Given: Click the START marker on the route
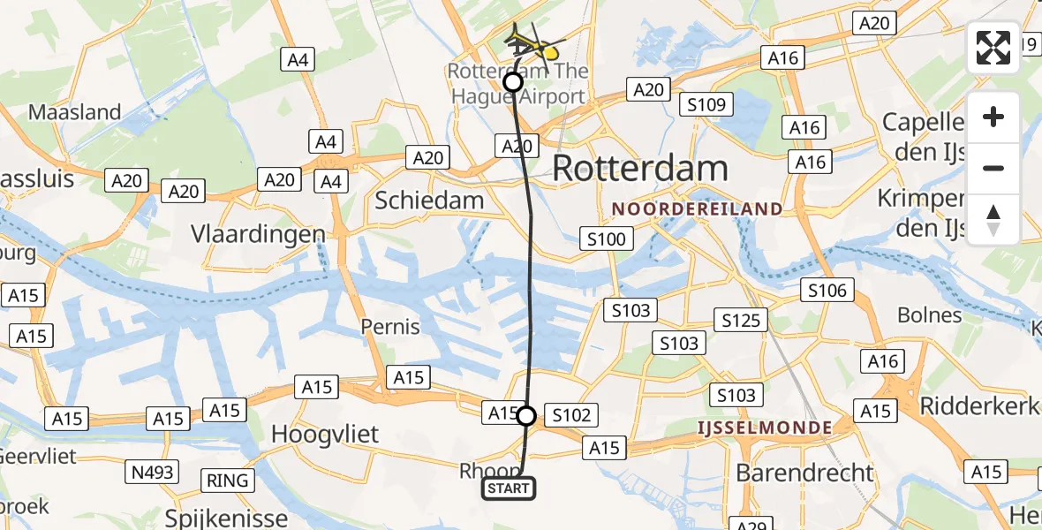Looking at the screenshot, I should [x=509, y=488].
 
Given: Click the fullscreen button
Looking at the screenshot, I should [x=993, y=48].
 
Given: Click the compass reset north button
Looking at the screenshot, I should [x=993, y=220].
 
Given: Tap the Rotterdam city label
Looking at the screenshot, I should [x=640, y=169].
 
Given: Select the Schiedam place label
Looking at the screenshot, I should [x=429, y=201].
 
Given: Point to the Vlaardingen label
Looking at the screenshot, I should [x=258, y=234].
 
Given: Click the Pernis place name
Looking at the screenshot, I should [x=390, y=327].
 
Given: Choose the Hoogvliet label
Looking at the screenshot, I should [x=325, y=434].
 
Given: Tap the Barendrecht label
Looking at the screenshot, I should [x=804, y=472].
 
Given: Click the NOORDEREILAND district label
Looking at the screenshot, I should [x=698, y=209].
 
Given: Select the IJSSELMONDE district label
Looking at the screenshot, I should [x=764, y=428].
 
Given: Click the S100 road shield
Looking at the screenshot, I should [x=606, y=238].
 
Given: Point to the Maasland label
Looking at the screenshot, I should [x=75, y=112].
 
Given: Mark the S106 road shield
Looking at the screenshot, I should [x=827, y=290].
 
